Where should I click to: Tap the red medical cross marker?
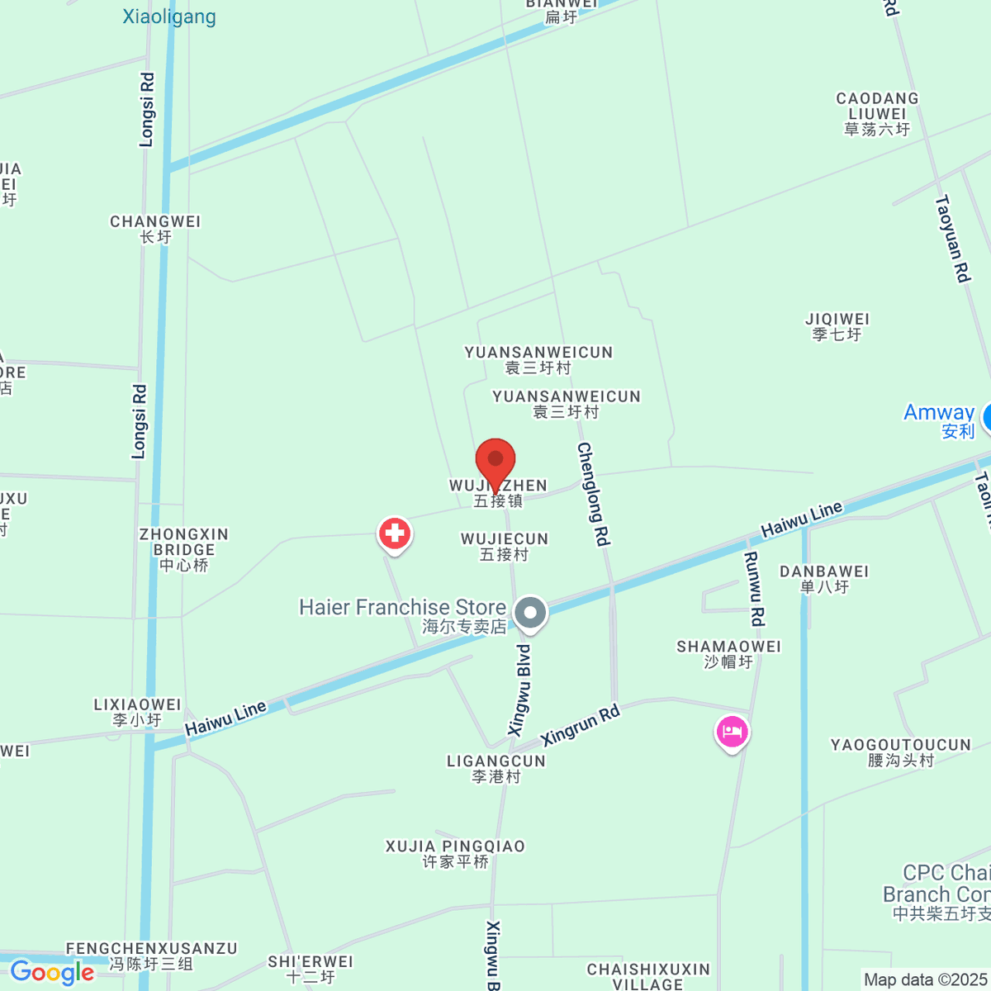[x=395, y=533]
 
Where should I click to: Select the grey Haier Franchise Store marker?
[x=530, y=614]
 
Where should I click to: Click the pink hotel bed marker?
[x=732, y=732]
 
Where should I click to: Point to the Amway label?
[x=940, y=420]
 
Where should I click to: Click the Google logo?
[x=52, y=972]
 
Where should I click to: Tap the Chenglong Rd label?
[x=593, y=494]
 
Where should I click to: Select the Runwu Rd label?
[x=754, y=588]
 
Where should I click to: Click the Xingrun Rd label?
[x=580, y=725]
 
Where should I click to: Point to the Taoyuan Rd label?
[x=951, y=239]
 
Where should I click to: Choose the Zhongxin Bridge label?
[x=184, y=549]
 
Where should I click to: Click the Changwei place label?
[x=155, y=229]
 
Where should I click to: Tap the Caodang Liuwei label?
[x=877, y=113]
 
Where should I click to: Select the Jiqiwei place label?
[x=837, y=326]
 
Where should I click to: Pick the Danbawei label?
[x=824, y=579]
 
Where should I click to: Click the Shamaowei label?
[x=728, y=653]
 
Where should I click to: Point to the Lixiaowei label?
[x=137, y=712]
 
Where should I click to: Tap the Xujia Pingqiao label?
[x=455, y=854]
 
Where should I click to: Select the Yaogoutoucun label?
[x=900, y=752]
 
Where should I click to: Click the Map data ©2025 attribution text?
[x=925, y=980]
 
